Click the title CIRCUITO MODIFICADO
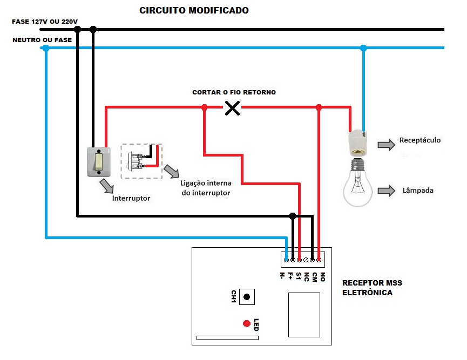pyautogui.click(x=194, y=11)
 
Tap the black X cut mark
pyautogui.click(x=232, y=108)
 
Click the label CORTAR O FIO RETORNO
pyautogui.click(x=234, y=93)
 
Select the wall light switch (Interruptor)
pyautogui.click(x=99, y=161)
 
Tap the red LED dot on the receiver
pyautogui.click(x=246, y=323)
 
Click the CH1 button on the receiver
pyautogui.click(x=247, y=297)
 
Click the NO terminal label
pyautogui.click(x=322, y=276)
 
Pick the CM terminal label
pyautogui.click(x=314, y=276)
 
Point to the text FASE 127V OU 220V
pyautogui.click(x=45, y=22)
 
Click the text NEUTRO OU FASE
pyautogui.click(x=38, y=40)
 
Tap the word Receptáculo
pyautogui.click(x=420, y=140)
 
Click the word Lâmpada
pyautogui.click(x=418, y=191)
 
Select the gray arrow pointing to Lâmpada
pyautogui.click(x=387, y=191)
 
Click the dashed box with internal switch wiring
pyautogui.click(x=141, y=161)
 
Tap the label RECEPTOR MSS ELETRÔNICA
pyautogui.click(x=373, y=288)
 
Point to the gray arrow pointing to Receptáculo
pyautogui.click(x=385, y=144)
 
